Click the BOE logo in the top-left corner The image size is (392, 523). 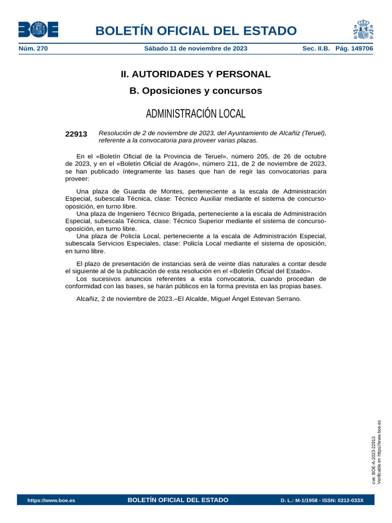click(x=38, y=30)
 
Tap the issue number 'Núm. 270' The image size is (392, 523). click(x=33, y=49)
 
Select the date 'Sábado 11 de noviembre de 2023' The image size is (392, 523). click(x=196, y=49)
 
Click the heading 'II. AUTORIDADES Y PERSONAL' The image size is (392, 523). click(x=195, y=74)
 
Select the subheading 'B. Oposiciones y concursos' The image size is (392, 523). click(x=195, y=91)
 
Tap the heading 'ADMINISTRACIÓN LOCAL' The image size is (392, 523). click(x=195, y=113)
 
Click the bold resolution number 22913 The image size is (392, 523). click(x=76, y=134)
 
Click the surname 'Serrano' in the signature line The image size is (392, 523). click(x=289, y=299)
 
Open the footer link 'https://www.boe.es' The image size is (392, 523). click(x=51, y=501)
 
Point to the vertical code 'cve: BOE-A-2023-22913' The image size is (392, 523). click(x=374, y=460)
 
